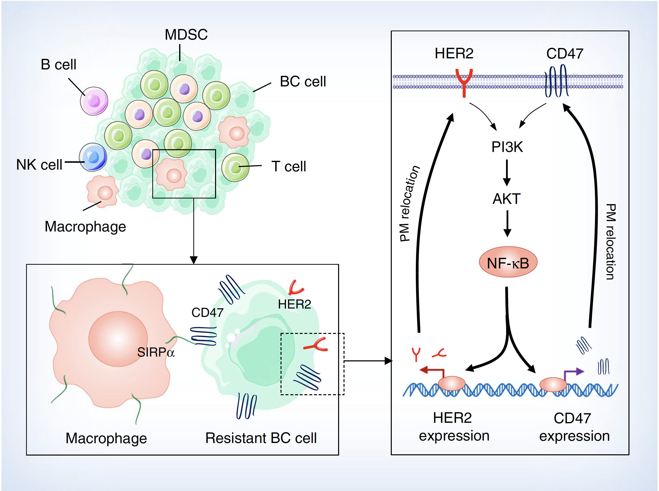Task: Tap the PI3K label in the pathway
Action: tap(507, 147)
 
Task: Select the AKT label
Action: tap(507, 198)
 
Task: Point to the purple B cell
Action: tap(94, 101)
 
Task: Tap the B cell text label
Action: tap(58, 65)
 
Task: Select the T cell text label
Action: tap(288, 166)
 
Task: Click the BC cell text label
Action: tap(303, 82)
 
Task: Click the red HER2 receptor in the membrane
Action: tap(464, 82)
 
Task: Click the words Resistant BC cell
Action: tap(261, 438)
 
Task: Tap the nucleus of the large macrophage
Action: tap(118, 339)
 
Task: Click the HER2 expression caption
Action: tap(454, 426)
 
